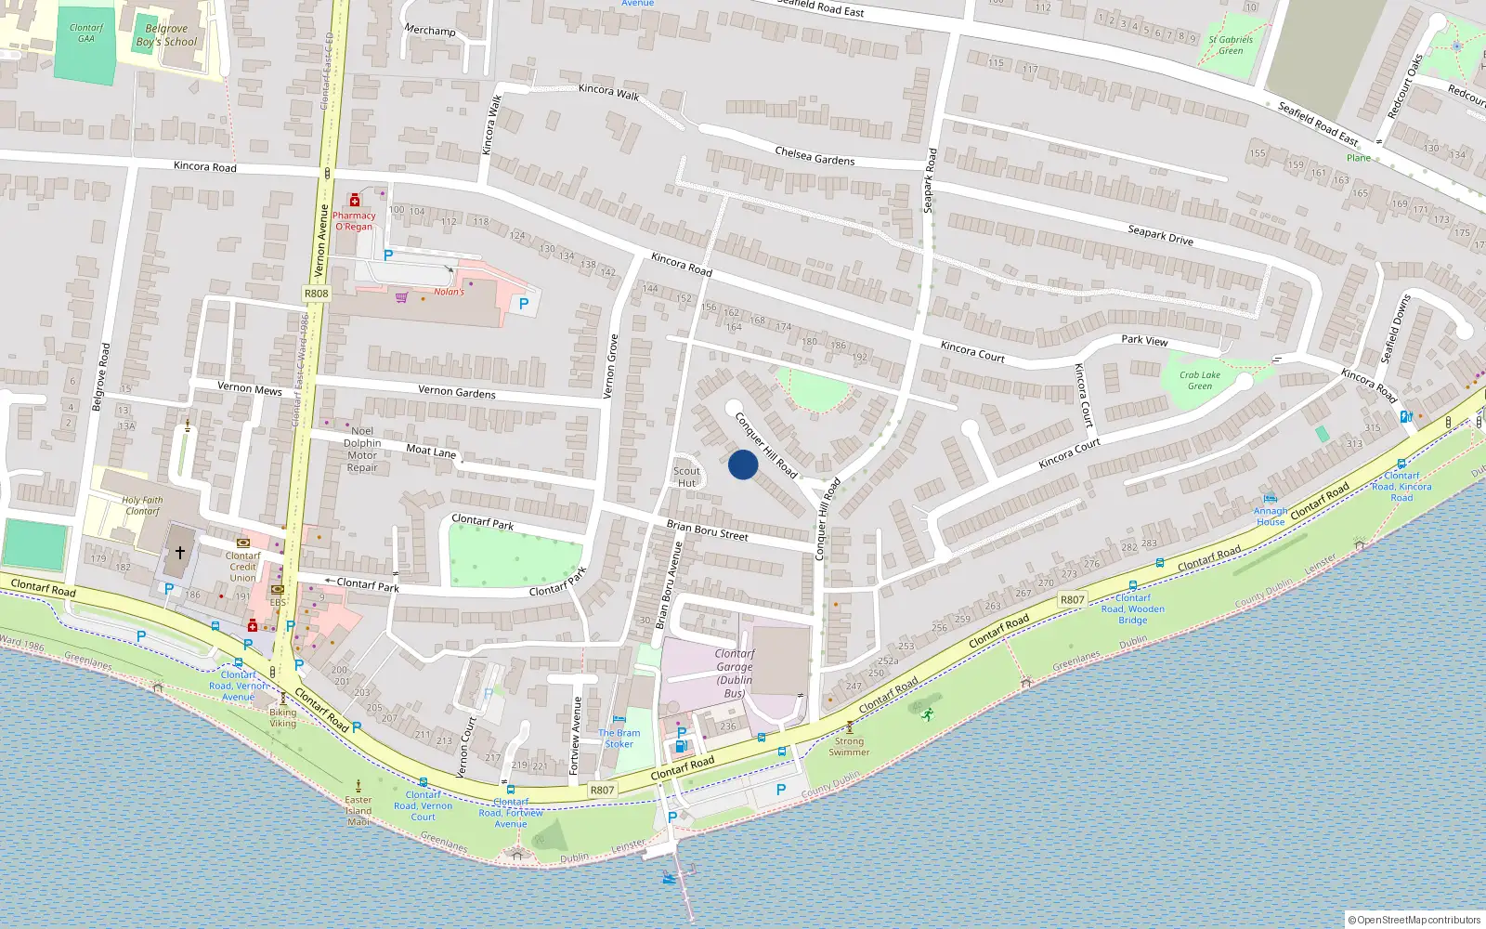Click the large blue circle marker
(743, 464)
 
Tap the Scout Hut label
(686, 477)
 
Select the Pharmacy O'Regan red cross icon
(354, 201)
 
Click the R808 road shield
(316, 293)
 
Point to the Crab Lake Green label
(1200, 380)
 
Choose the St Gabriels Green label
(1231, 45)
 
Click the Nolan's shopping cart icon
(401, 297)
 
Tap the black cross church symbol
(180, 552)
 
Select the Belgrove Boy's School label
(166, 35)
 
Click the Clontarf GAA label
(86, 33)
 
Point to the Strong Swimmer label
(849, 746)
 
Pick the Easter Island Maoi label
(358, 810)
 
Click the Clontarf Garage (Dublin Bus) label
(734, 673)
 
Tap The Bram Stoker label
(619, 738)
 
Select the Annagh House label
(1271, 516)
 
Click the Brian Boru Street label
(707, 530)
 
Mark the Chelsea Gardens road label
(815, 156)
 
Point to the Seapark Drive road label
(1160, 234)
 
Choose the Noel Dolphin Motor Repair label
(362, 449)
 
